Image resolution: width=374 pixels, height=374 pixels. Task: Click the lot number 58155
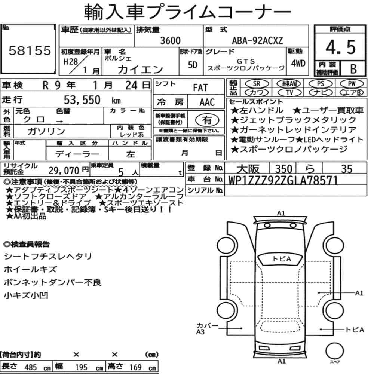pos(30,51)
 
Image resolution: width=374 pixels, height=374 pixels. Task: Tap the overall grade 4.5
pos(340,47)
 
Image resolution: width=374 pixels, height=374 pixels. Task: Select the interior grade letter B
pos(353,69)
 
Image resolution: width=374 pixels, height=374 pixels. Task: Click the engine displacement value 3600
pos(170,40)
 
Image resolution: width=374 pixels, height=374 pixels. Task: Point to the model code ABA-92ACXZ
pos(257,40)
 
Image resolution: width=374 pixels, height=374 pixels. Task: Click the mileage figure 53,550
pos(82,100)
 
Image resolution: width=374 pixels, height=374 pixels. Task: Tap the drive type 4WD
pos(298,63)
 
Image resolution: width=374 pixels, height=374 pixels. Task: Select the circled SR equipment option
pos(257,84)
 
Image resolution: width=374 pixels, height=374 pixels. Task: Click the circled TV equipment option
pos(289,92)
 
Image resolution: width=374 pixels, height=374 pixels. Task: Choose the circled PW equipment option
pos(352,84)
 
